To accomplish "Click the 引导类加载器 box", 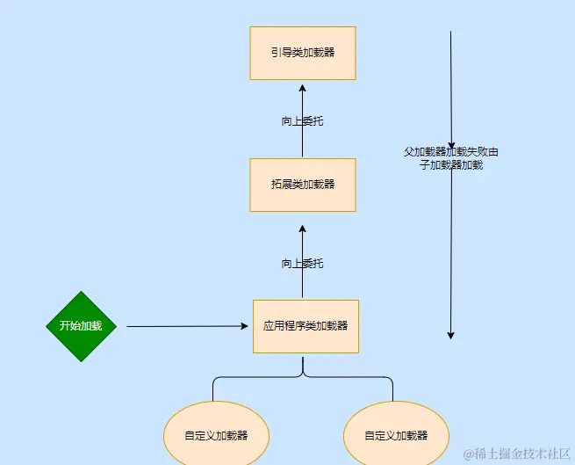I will pos(302,53).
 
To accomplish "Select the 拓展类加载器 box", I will pos(302,185).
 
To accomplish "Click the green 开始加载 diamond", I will pos(81,326).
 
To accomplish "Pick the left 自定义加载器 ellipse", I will pos(216,435).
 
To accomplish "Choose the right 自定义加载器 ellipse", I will pos(396,435).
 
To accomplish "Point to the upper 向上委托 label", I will pos(302,121).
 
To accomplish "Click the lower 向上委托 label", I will pos(302,264).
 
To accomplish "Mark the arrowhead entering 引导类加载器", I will pos(302,87).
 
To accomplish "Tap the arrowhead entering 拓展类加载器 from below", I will pos(302,228).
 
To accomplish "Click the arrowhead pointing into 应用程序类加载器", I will pos(244,326).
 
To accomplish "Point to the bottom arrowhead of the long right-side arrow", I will pos(450,334).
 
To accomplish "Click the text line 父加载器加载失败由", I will pos(451,151).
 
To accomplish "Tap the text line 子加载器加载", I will pos(451,164).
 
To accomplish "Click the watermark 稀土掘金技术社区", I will pos(518,454).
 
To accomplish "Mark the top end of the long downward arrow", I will pos(450,33).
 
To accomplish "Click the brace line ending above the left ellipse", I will pos(213,391).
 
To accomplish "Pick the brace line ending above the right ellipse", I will pos(392,391).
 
